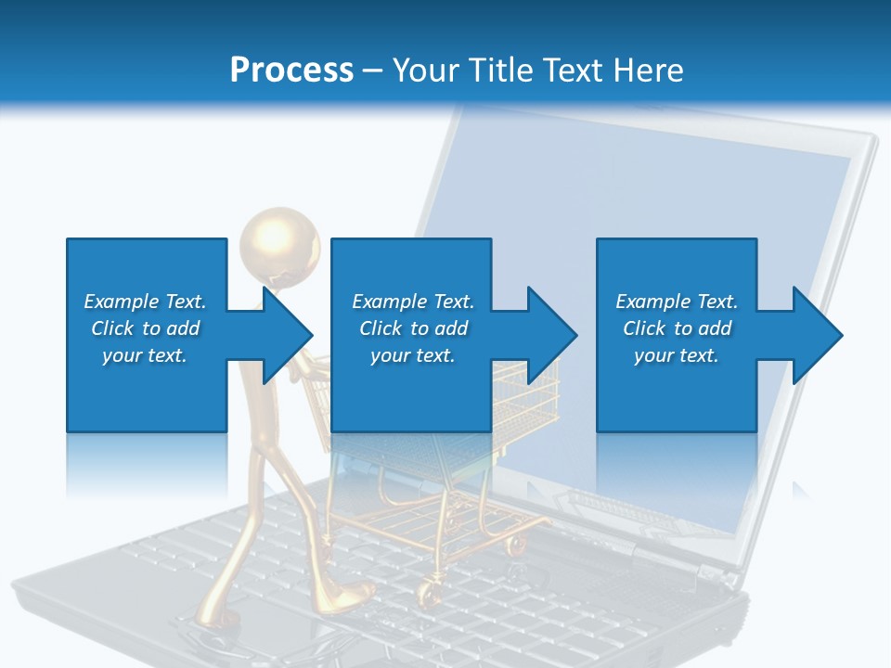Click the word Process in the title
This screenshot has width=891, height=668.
(291, 70)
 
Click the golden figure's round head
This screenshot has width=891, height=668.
(278, 243)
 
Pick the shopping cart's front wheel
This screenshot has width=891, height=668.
(430, 590)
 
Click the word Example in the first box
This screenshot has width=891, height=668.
(122, 302)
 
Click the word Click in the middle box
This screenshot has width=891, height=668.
(381, 328)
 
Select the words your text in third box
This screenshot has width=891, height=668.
(676, 355)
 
